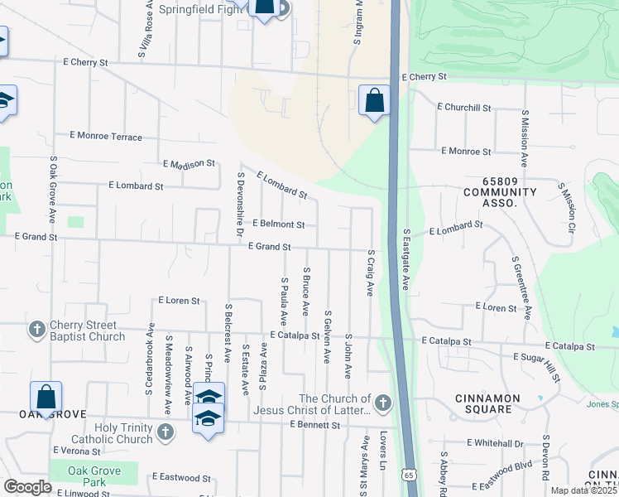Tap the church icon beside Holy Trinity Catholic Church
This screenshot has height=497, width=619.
point(166,432)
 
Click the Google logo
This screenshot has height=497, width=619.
point(27,487)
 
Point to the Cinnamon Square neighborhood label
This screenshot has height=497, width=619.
point(488,403)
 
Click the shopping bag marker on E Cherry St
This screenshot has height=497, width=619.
point(375,101)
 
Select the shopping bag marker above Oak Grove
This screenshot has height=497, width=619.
point(46,398)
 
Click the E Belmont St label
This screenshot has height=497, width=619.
point(279,224)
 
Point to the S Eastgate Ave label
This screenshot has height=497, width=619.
point(406,259)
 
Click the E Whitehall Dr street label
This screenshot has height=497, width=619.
point(495,444)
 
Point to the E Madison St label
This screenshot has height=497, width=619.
point(189,164)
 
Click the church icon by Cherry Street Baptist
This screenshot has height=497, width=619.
point(36,331)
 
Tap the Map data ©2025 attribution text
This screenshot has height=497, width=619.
point(583,490)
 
